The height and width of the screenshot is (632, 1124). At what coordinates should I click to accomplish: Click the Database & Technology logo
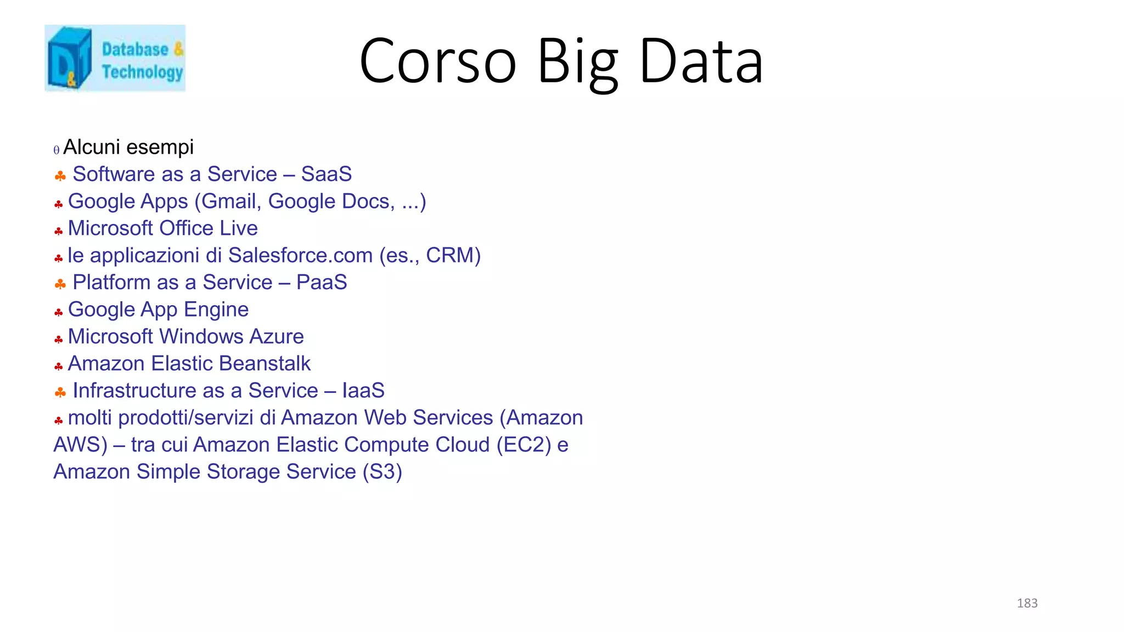point(115,58)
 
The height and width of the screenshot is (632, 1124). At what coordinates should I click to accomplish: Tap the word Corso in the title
point(438,61)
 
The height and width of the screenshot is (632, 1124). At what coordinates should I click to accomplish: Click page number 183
point(1027,603)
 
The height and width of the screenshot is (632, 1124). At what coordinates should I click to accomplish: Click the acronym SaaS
point(327,174)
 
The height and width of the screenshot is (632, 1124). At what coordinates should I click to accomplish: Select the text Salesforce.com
point(300,255)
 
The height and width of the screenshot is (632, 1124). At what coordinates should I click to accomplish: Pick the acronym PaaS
point(322,283)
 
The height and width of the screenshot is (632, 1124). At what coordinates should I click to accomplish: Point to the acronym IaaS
point(363,391)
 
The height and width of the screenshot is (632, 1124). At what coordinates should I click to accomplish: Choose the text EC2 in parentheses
point(524,445)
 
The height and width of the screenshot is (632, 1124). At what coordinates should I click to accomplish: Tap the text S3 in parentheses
point(382,472)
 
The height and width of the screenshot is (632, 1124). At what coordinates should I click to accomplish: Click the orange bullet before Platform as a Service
point(60,284)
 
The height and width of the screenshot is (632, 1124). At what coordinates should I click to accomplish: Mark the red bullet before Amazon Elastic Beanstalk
point(59,366)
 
